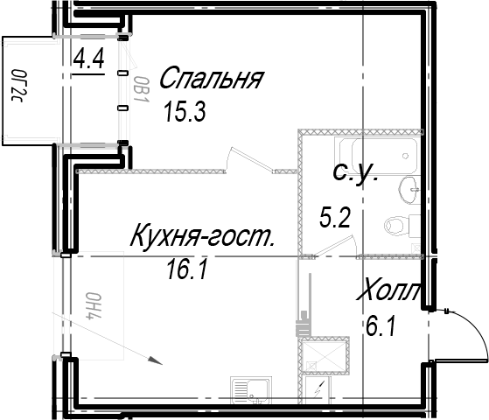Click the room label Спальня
tap(212, 78)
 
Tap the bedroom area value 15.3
tap(185, 112)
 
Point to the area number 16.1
tap(187, 270)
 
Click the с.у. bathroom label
tap(356, 173)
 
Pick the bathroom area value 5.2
tap(335, 218)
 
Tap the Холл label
tap(388, 290)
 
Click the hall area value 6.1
tap(381, 326)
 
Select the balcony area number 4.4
tap(88, 59)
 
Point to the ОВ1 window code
tap(142, 89)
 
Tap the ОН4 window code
tap(94, 306)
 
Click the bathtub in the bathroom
tap(375, 155)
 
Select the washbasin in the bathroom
tap(409, 191)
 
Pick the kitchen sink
tap(250, 389)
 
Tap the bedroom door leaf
tap(251, 159)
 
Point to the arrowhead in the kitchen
tap(155, 360)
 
